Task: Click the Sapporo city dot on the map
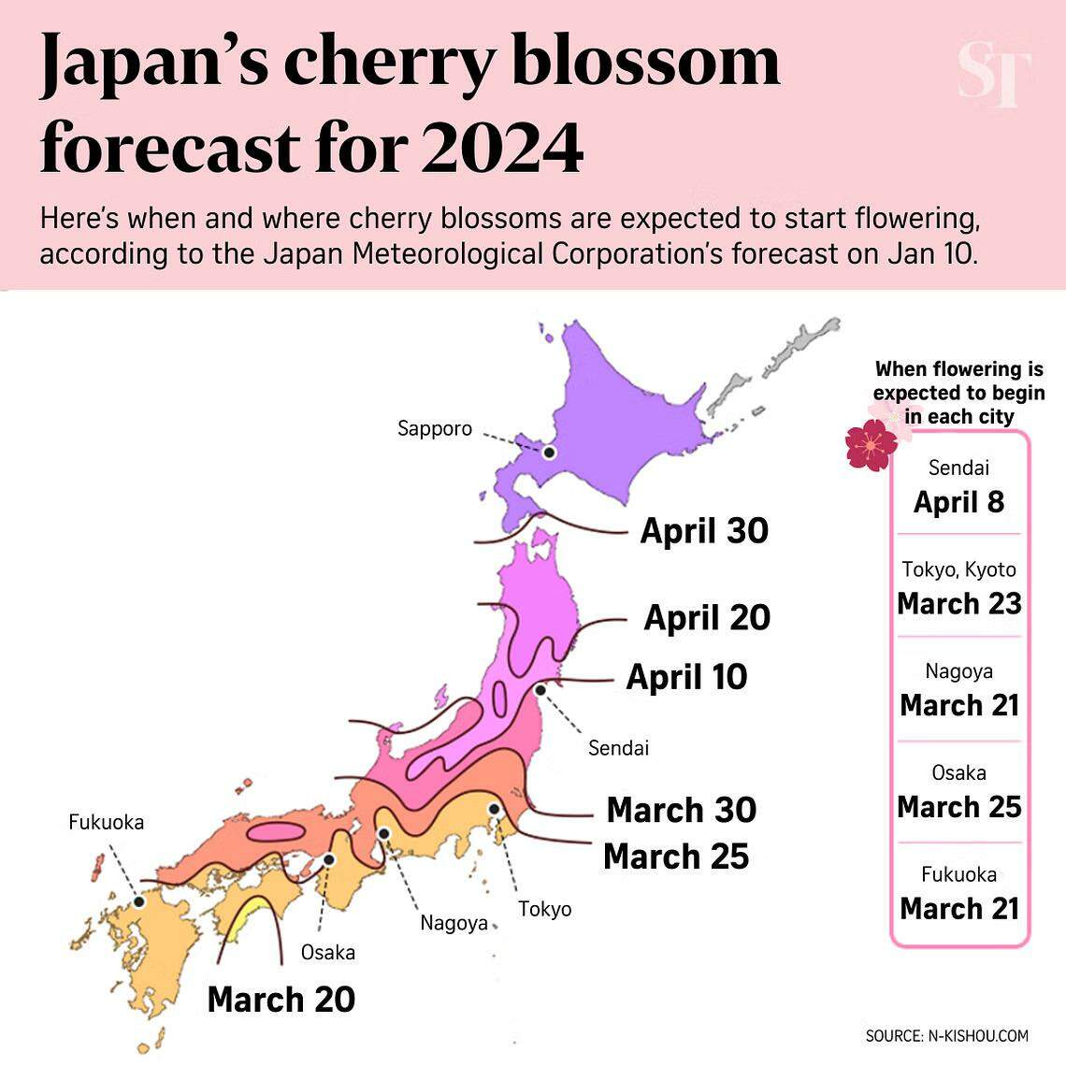pyautogui.click(x=550, y=453)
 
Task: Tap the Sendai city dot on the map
pyautogui.click(x=540, y=690)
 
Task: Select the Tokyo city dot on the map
pyautogui.click(x=494, y=809)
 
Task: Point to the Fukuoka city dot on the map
pyautogui.click(x=139, y=901)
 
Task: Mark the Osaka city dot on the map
pyautogui.click(x=329, y=859)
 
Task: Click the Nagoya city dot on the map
pyautogui.click(x=383, y=834)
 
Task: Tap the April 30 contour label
pyautogui.click(x=704, y=531)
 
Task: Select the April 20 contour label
pyautogui.click(x=707, y=618)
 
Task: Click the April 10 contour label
pyautogui.click(x=686, y=677)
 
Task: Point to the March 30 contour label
pyautogui.click(x=681, y=810)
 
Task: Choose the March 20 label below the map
pyautogui.click(x=281, y=1000)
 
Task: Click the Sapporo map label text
pyautogui.click(x=435, y=429)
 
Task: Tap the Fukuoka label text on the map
pyautogui.click(x=107, y=822)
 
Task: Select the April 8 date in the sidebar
pyautogui.click(x=958, y=502)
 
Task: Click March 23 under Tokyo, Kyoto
pyautogui.click(x=958, y=604)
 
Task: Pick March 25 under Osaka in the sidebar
pyautogui.click(x=958, y=807)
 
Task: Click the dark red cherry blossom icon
pyautogui.click(x=871, y=445)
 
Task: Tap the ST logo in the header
pyautogui.click(x=993, y=75)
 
